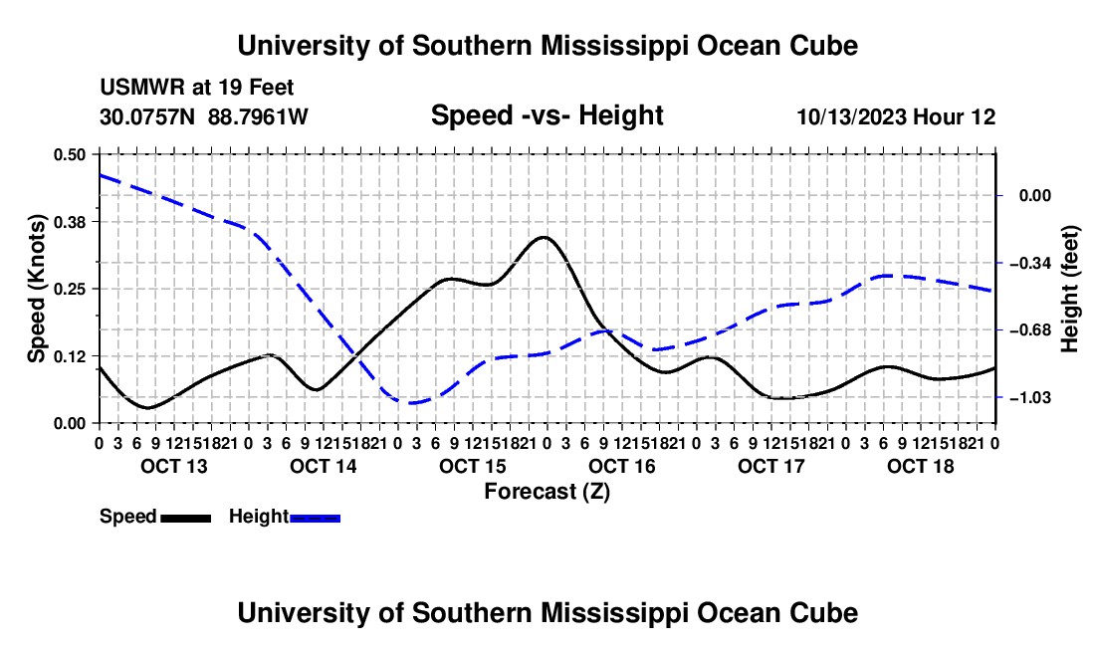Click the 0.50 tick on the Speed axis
(69, 154)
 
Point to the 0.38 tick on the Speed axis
(69, 222)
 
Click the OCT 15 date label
(472, 466)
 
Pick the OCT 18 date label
(921, 466)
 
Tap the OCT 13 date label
(174, 466)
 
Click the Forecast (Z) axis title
(547, 492)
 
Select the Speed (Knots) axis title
(36, 289)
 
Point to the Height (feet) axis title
(1070, 289)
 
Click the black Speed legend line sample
(186, 519)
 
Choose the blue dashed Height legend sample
(315, 519)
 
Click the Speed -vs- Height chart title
(547, 115)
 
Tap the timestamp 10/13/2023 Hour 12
(896, 116)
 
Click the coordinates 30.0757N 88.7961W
(203, 116)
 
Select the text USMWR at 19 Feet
(197, 88)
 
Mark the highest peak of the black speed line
(544, 237)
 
